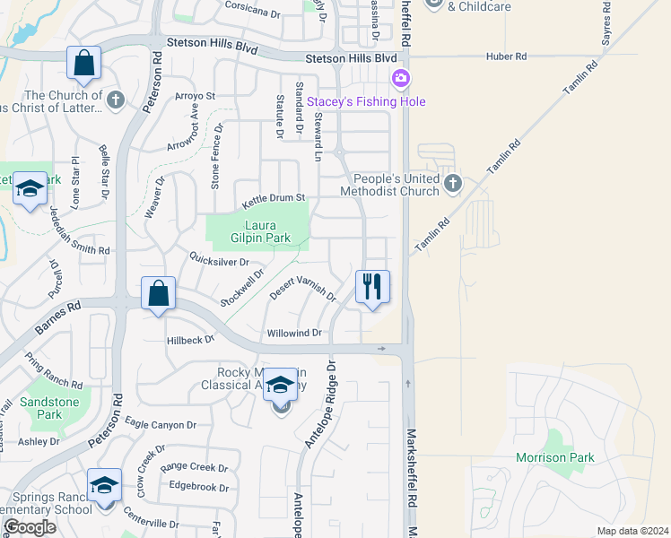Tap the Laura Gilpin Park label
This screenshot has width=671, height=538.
pyautogui.click(x=257, y=232)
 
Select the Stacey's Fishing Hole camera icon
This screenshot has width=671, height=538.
pyautogui.click(x=401, y=79)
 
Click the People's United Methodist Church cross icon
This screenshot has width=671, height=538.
pyautogui.click(x=453, y=185)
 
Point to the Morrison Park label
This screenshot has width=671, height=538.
pyautogui.click(x=554, y=457)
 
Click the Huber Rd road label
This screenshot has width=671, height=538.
pyautogui.click(x=508, y=56)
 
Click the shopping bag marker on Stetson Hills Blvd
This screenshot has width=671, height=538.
pyautogui.click(x=83, y=64)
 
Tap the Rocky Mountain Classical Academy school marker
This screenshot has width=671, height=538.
pyautogui.click(x=281, y=386)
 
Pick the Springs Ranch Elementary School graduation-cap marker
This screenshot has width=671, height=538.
pyautogui.click(x=105, y=486)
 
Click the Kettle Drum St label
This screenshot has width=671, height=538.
pyautogui.click(x=270, y=197)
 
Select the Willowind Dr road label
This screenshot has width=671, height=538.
pyautogui.click(x=293, y=333)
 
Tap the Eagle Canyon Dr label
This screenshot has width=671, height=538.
pyautogui.click(x=160, y=422)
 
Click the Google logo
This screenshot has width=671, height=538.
pyautogui.click(x=30, y=527)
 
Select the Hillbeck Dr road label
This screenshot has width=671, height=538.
pyautogui.click(x=191, y=340)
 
